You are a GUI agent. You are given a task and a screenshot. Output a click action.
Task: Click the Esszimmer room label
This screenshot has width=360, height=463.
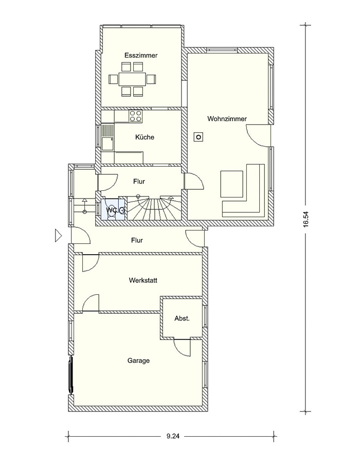click(x=141, y=55)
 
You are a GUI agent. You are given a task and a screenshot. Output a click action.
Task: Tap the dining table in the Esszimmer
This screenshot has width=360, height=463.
click(x=132, y=79)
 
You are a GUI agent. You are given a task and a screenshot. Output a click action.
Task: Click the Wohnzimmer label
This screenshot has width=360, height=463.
click(x=227, y=119)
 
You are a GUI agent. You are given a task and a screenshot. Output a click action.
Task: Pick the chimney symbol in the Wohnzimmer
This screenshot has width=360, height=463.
click(x=199, y=137)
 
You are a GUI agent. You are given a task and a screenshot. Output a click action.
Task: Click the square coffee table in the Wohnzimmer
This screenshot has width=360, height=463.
click(x=231, y=183)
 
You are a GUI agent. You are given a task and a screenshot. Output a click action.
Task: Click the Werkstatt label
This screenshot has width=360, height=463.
click(x=143, y=280)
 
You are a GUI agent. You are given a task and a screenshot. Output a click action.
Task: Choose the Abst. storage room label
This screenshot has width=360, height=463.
click(x=182, y=318)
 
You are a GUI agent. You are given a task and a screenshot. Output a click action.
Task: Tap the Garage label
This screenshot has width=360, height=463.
click(x=138, y=361)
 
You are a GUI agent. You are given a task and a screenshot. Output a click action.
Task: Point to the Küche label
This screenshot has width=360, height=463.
click(x=145, y=137)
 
